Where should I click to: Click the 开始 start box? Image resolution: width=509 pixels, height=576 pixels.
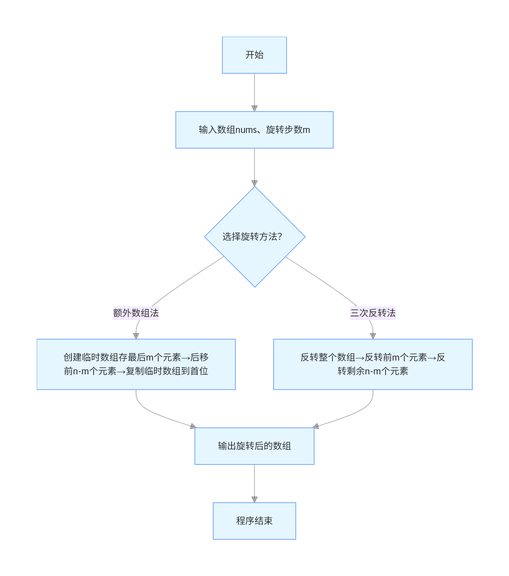click(254, 55)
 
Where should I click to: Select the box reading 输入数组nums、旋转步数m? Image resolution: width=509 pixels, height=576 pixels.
click(254, 130)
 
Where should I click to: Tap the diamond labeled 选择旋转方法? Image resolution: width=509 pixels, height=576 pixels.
click(254, 237)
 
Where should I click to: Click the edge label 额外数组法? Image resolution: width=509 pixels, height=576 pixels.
click(136, 313)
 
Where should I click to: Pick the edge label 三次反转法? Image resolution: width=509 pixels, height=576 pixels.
click(373, 313)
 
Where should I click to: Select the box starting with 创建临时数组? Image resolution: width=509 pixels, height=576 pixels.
click(136, 364)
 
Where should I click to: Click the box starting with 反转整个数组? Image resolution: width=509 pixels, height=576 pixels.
click(373, 364)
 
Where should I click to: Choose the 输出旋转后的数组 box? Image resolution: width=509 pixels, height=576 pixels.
click(254, 446)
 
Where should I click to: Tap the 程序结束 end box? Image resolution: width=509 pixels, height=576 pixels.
click(254, 521)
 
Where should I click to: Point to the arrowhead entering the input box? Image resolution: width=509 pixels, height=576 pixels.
click(254, 108)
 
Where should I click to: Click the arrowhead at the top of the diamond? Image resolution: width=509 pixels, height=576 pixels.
click(254, 183)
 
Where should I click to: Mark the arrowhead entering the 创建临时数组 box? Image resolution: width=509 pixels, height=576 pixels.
click(136, 336)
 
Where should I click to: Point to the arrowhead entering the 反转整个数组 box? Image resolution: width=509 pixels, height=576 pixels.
click(373, 336)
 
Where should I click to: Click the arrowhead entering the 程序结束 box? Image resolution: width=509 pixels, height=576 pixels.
click(254, 500)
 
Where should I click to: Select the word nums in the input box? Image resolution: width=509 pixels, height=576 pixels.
click(246, 130)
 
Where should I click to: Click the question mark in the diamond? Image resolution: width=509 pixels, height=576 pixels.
click(279, 236)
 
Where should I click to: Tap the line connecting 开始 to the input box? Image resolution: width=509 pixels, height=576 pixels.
click(254, 89)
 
